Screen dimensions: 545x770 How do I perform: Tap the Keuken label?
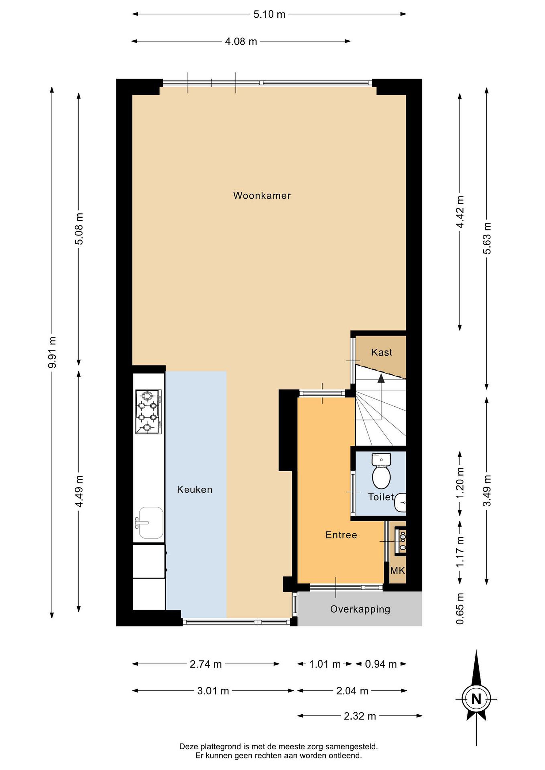pos(195,490)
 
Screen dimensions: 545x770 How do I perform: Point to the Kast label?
pos(382,352)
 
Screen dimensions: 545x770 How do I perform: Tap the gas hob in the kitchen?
pos(148,411)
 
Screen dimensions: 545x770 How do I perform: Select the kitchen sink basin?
pos(150,522)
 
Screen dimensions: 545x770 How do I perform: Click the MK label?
pos(398,571)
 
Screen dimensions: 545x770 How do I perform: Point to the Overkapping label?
pos(360,609)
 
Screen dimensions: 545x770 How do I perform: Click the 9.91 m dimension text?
pos(52,352)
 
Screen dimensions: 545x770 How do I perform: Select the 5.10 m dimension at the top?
pos(269,14)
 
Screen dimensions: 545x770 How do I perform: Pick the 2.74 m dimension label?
pos(206,664)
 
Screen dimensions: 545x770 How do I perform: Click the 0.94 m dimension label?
pos(381,664)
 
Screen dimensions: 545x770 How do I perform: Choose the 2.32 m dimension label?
pos(360,716)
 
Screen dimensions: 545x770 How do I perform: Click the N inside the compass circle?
pos(476,699)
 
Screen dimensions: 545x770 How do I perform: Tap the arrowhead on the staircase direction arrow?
pos(381,379)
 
